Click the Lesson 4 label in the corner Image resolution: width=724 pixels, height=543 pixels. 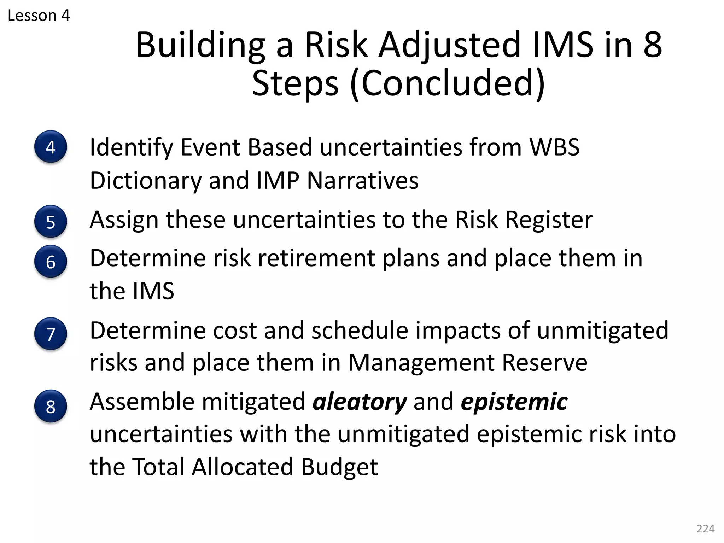39,16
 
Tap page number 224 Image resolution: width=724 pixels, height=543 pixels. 705,529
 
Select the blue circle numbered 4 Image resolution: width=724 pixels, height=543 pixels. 51,147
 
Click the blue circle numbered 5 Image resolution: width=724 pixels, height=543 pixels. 51,222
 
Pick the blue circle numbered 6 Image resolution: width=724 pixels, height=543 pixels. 51,262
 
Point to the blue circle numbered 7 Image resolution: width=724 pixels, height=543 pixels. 51,334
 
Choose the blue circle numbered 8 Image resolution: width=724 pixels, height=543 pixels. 51,406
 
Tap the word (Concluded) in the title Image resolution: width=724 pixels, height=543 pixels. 448,83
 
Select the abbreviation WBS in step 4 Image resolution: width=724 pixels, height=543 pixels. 554,147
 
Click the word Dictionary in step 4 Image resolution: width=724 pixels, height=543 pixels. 145,181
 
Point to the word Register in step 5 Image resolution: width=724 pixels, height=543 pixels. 549,220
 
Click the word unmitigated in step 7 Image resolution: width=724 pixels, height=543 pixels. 602,331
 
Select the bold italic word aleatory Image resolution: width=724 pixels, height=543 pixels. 360,402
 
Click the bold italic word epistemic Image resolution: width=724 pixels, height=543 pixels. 514,402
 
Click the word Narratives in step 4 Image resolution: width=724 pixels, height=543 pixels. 363,181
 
